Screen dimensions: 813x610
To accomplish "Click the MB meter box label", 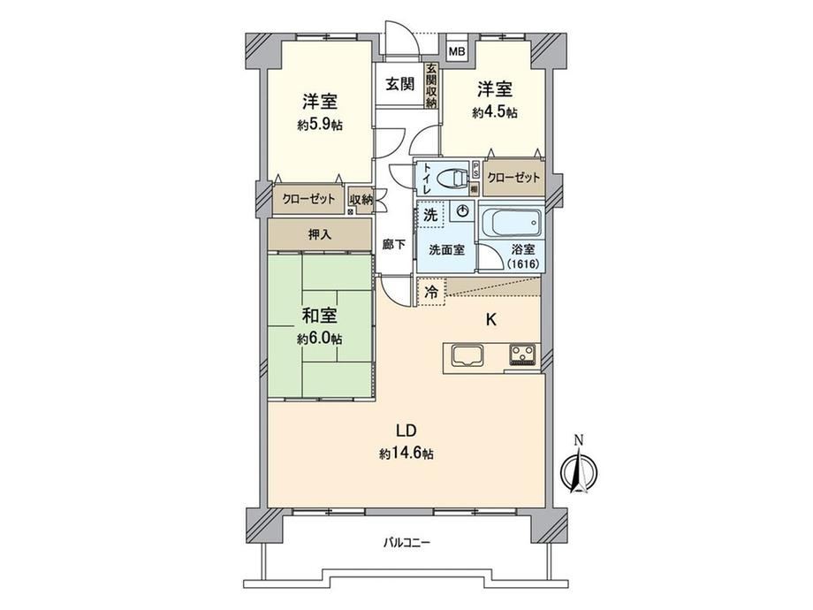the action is tap(457, 51).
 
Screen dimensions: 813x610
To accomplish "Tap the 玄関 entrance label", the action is tap(399, 84).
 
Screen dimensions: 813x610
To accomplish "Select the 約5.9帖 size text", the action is tap(320, 125).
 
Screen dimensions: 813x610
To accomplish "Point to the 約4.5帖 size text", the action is tap(495, 112).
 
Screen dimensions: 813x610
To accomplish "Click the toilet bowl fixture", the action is tap(452, 179).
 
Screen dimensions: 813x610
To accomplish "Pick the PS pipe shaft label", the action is tap(475, 170).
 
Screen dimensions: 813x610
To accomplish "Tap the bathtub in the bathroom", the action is tap(512, 222).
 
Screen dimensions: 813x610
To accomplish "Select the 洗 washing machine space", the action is tap(430, 214).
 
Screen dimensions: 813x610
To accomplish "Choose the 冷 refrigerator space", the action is tap(431, 292).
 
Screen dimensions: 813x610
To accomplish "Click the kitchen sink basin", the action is tap(467, 356).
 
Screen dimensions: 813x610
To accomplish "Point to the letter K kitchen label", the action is tap(490, 320).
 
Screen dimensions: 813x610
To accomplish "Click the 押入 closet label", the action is tap(320, 234).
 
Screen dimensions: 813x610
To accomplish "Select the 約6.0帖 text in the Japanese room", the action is tap(319, 339).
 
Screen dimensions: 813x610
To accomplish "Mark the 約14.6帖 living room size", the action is tap(406, 454).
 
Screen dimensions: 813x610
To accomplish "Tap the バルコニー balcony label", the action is tap(406, 543).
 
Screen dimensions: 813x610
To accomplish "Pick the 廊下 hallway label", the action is tap(394, 244).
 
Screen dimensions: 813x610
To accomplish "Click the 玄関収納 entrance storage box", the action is tap(431, 86).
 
